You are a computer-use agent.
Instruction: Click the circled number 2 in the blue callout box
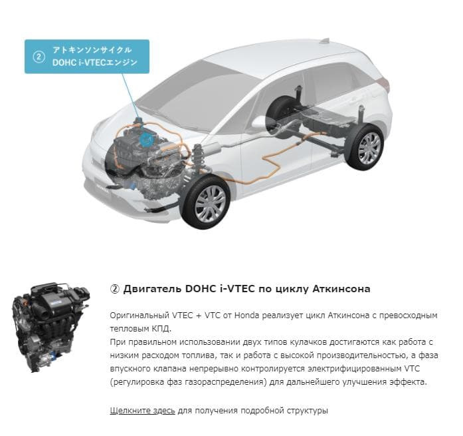click(39, 57)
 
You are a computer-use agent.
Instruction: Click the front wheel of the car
click(205, 202)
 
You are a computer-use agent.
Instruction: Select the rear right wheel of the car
click(365, 147)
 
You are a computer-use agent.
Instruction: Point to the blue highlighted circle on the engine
click(147, 139)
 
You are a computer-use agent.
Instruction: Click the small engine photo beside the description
click(51, 327)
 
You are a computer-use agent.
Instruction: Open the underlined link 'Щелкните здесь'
click(142, 411)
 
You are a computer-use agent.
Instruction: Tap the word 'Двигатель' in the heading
click(152, 289)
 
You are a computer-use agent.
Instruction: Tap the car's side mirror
click(260, 122)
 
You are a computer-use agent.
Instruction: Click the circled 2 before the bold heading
click(114, 289)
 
